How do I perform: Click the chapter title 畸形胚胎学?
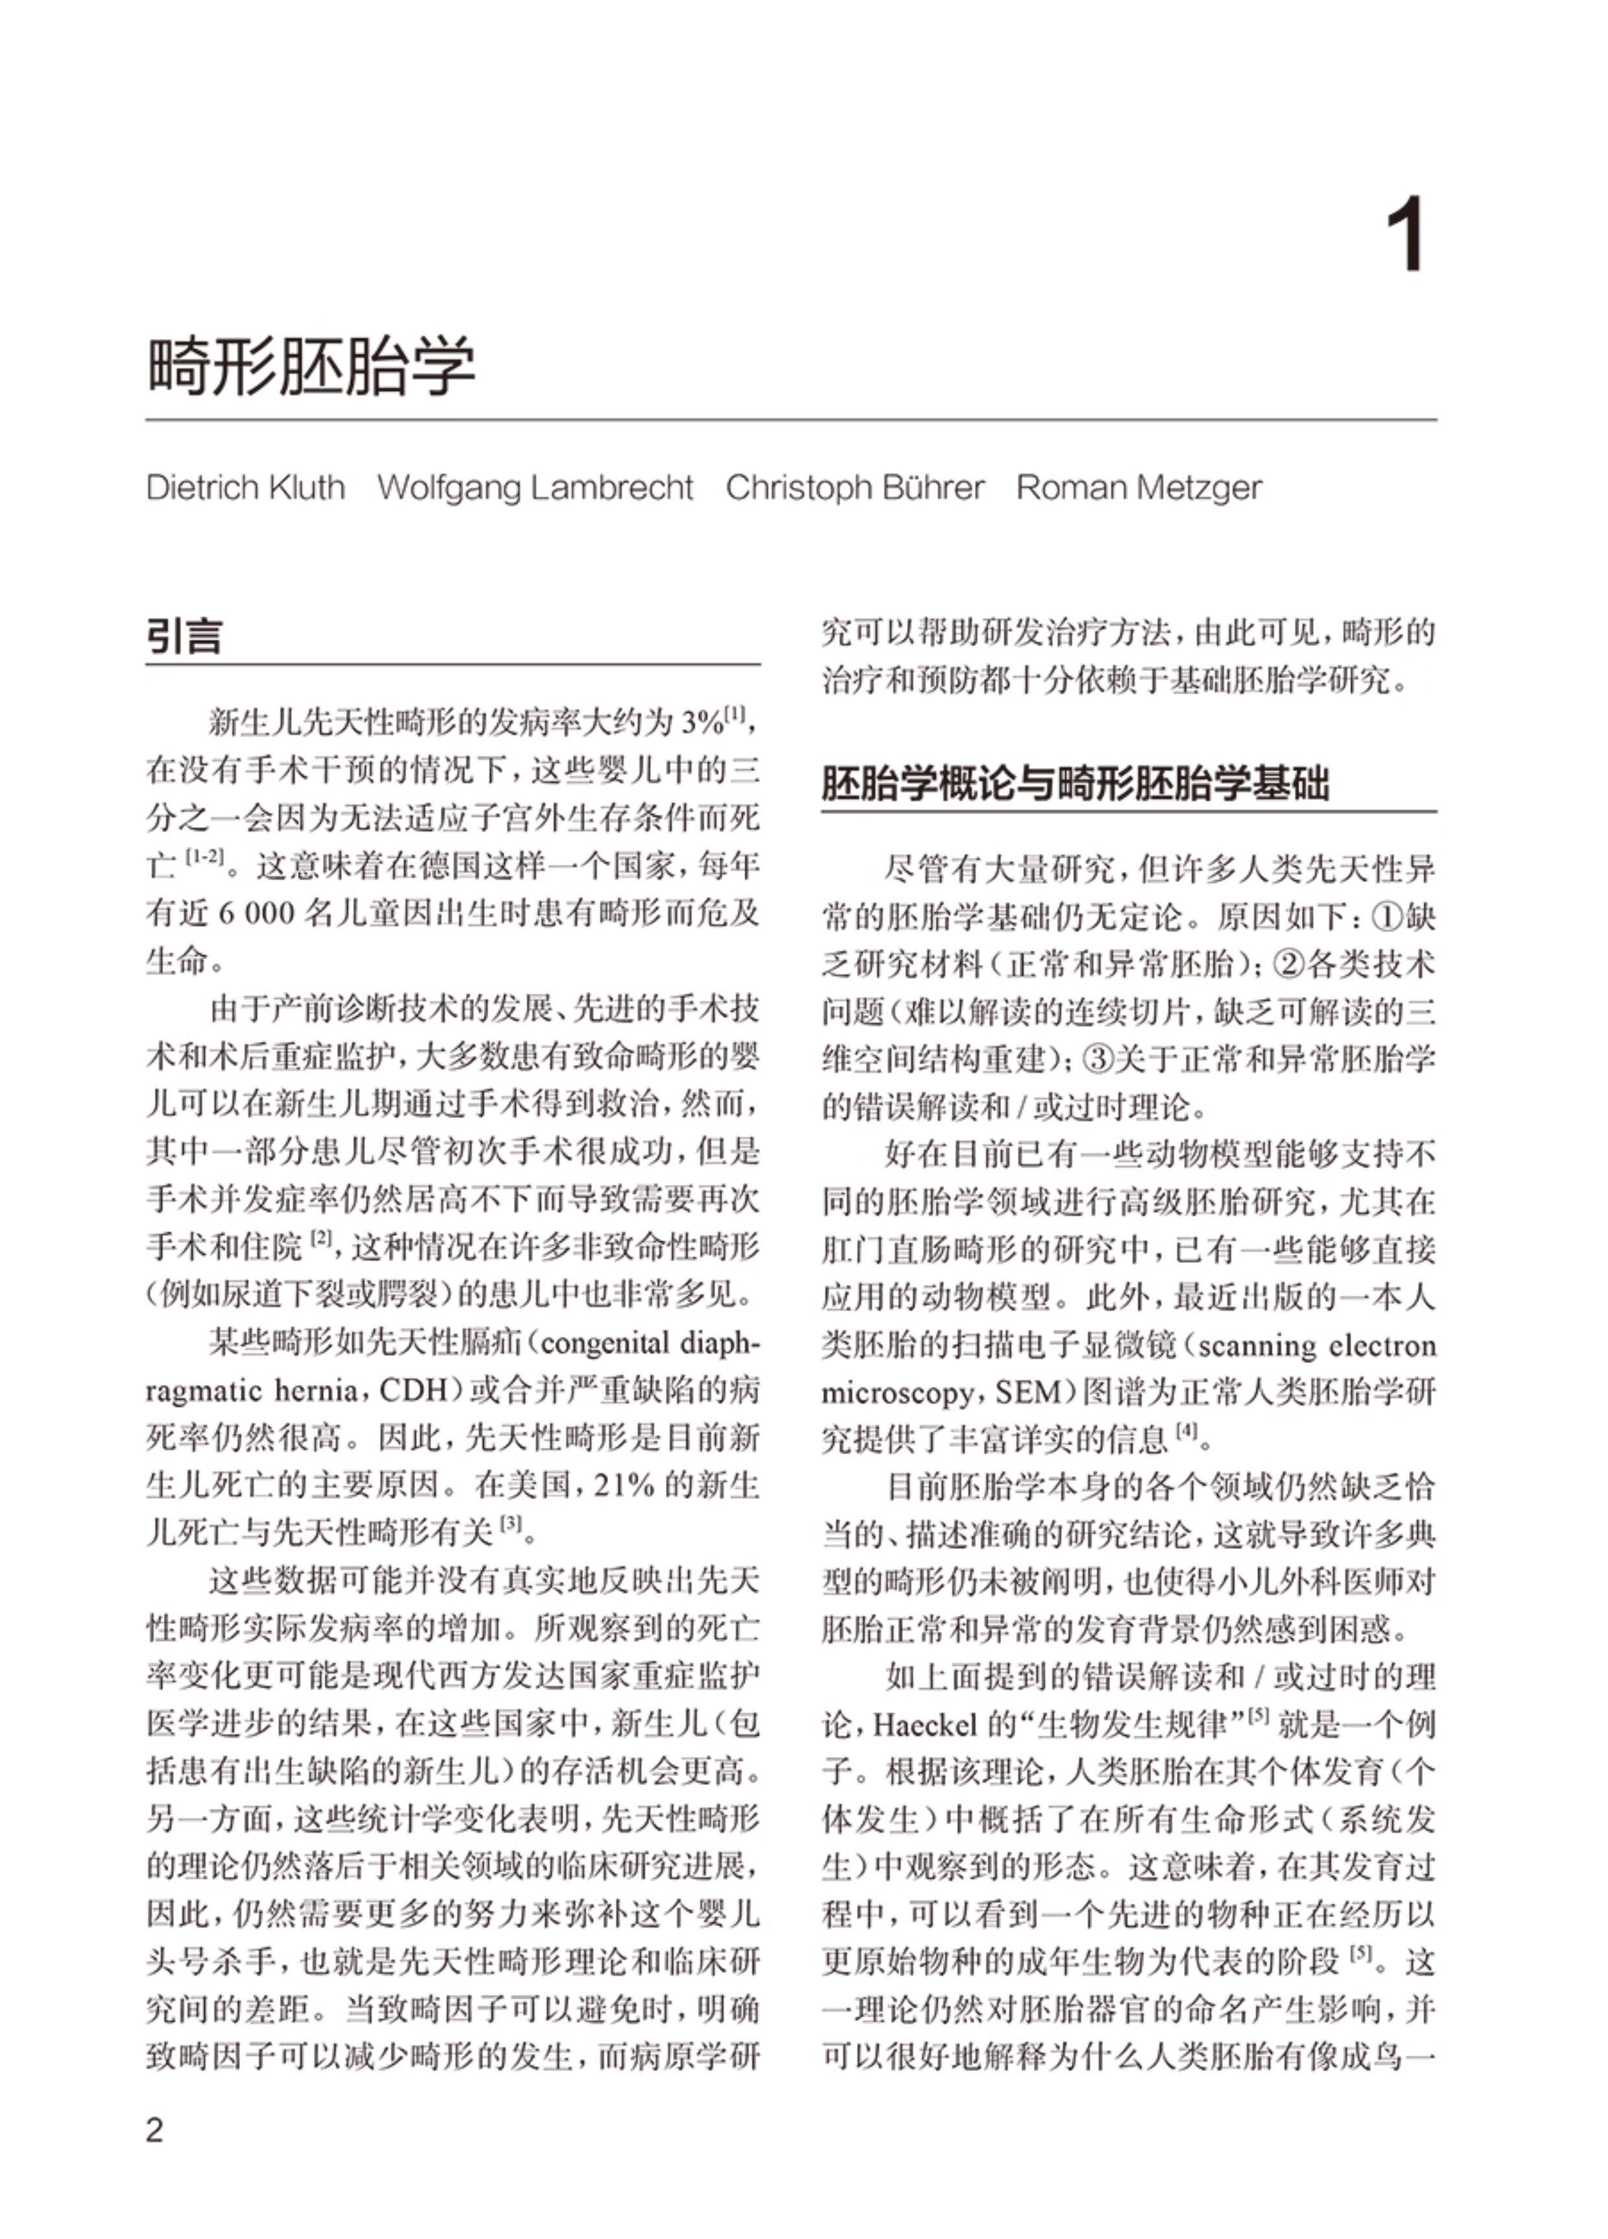click(x=311, y=366)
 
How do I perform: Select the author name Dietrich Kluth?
click(x=246, y=488)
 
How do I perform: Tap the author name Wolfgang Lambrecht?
click(x=535, y=488)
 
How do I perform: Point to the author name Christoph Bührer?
click(x=855, y=488)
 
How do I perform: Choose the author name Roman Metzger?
click(x=1139, y=488)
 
